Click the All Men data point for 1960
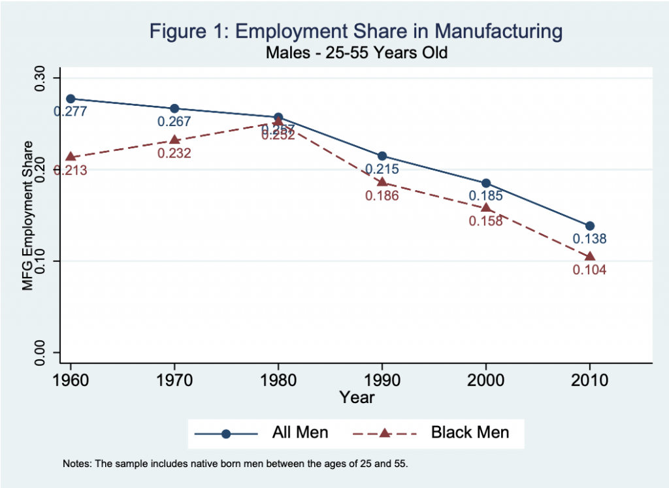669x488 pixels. (71, 99)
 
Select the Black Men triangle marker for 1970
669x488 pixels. (174, 140)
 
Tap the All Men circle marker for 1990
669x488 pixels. (382, 155)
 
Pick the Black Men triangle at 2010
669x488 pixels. (590, 256)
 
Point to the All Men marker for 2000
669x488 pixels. (486, 183)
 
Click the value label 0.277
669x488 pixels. (71, 112)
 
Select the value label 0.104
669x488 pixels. (590, 270)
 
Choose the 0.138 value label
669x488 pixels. (590, 239)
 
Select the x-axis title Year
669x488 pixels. (357, 397)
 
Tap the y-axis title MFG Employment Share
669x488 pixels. (27, 216)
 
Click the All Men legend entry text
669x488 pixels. (300, 432)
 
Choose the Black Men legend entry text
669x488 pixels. (470, 432)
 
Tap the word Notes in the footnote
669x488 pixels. (76, 464)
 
